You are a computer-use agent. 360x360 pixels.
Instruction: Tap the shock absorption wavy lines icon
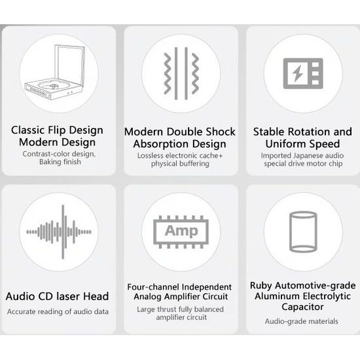click(181, 73)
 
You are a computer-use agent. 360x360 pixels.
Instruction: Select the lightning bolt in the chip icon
click(298, 74)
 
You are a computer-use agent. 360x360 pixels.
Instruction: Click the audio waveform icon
click(59, 232)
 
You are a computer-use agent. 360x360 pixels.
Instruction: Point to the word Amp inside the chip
click(181, 231)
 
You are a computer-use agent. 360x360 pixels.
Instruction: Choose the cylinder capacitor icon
click(303, 232)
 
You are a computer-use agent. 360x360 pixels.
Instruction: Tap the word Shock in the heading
click(221, 132)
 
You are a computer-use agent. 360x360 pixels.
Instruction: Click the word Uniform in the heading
click(285, 144)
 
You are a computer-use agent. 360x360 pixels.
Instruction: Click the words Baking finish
click(60, 162)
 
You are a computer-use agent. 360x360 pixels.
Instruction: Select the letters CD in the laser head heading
click(46, 296)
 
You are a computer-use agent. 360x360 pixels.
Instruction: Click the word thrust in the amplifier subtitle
click(167, 309)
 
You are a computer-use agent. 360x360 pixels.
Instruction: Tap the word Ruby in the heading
click(261, 286)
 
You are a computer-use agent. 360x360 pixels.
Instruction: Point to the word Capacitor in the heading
click(302, 307)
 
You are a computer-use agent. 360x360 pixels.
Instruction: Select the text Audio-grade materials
click(302, 321)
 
